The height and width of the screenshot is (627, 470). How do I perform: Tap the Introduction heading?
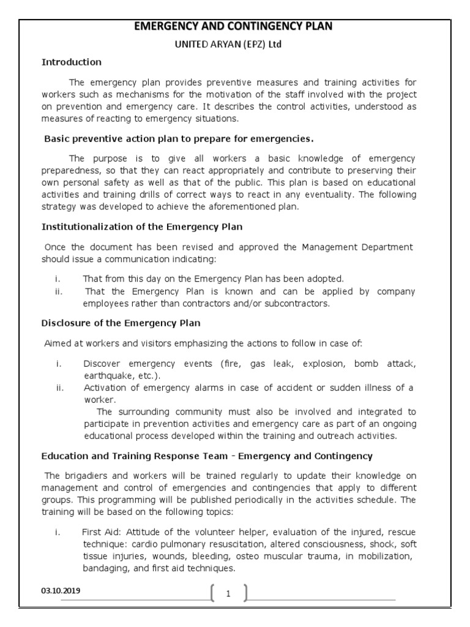71,62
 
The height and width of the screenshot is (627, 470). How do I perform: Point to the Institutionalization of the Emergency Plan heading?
142,227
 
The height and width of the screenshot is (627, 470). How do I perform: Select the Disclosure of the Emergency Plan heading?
121,323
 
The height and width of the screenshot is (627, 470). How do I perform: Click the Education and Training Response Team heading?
207,456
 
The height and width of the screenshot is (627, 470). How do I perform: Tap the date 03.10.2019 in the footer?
61,591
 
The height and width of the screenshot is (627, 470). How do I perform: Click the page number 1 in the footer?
228,593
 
